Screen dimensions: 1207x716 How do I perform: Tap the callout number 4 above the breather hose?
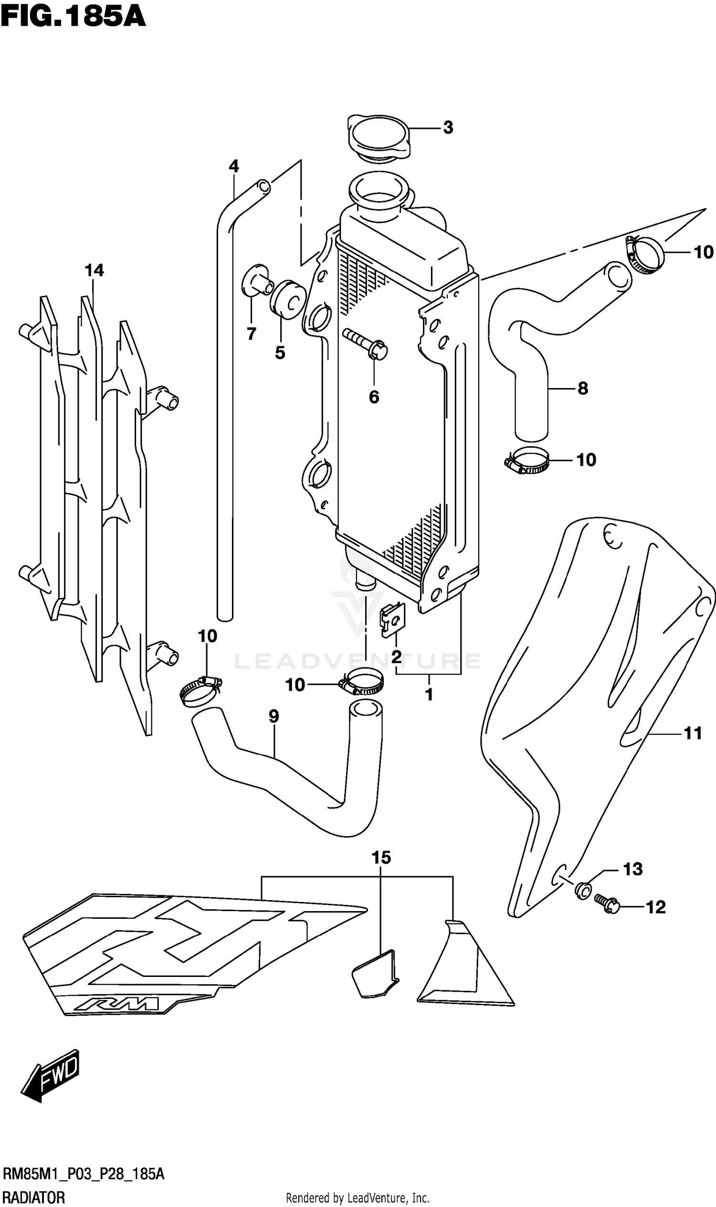[x=233, y=167]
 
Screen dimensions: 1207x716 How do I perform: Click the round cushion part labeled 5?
[x=288, y=300]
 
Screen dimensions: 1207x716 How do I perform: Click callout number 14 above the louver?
[x=94, y=271]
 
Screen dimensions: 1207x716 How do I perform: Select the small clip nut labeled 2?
[x=393, y=621]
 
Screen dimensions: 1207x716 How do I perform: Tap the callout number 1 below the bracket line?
[x=429, y=695]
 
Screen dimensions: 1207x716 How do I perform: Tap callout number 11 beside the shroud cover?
[x=693, y=734]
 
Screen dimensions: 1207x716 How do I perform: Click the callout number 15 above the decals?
[x=381, y=858]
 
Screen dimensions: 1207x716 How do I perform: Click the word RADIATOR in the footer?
[x=34, y=1195]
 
